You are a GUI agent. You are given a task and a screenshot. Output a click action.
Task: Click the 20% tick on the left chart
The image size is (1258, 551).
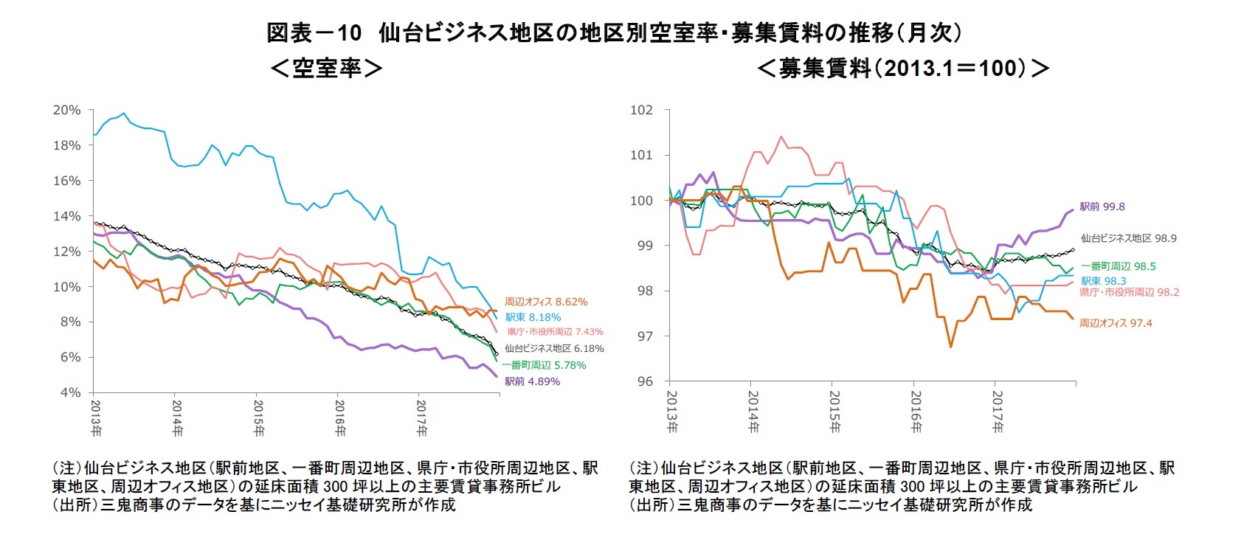point(66,110)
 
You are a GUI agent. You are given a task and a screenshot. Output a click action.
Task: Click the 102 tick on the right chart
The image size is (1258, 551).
point(641,110)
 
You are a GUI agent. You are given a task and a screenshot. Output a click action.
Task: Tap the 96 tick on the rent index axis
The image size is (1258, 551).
point(644,381)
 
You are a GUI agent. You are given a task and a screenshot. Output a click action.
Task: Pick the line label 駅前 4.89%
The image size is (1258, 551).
point(532,381)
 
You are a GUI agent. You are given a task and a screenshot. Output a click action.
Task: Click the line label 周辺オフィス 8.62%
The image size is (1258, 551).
point(546,302)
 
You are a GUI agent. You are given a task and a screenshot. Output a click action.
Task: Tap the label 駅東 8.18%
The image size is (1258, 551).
point(533,317)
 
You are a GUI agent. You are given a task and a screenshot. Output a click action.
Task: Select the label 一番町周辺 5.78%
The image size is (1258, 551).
point(545,365)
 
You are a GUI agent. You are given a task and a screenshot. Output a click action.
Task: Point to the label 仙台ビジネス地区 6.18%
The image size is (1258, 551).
point(554,348)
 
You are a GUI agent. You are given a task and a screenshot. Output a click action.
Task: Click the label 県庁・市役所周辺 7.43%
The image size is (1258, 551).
point(555,332)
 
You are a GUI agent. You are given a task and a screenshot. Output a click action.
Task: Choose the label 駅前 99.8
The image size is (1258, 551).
point(1102,207)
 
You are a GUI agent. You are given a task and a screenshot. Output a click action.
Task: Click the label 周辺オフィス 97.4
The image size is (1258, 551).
point(1115,323)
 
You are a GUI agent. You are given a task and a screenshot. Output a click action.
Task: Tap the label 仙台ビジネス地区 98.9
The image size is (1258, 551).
point(1128,238)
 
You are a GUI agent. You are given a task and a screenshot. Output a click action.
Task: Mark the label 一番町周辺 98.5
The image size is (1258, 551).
point(1118,266)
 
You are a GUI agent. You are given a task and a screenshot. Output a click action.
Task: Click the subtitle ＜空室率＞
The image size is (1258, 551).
point(326,69)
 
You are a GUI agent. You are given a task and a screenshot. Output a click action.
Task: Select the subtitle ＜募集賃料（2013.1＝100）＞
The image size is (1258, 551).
point(903,69)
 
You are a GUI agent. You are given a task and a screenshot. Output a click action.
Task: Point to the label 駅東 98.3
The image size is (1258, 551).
point(1103,281)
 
